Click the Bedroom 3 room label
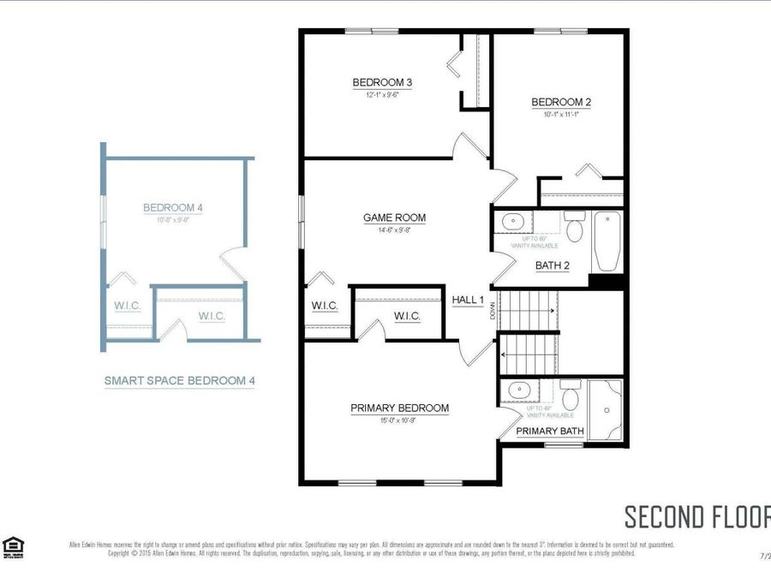coord(382,82)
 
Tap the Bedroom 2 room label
coord(561,102)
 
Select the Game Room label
coord(394,217)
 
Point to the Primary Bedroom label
coord(399,408)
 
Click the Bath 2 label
coord(553,265)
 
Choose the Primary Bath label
coord(548,431)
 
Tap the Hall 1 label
coord(469,300)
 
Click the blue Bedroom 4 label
coord(172,207)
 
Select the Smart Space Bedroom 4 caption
coord(179,380)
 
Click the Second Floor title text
coord(696,517)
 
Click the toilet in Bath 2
coord(574,229)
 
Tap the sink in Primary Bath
coord(520,392)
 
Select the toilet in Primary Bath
coord(571,396)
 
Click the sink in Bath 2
coord(512,222)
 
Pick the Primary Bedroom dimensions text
coord(399,420)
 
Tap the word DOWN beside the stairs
coord(493,313)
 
